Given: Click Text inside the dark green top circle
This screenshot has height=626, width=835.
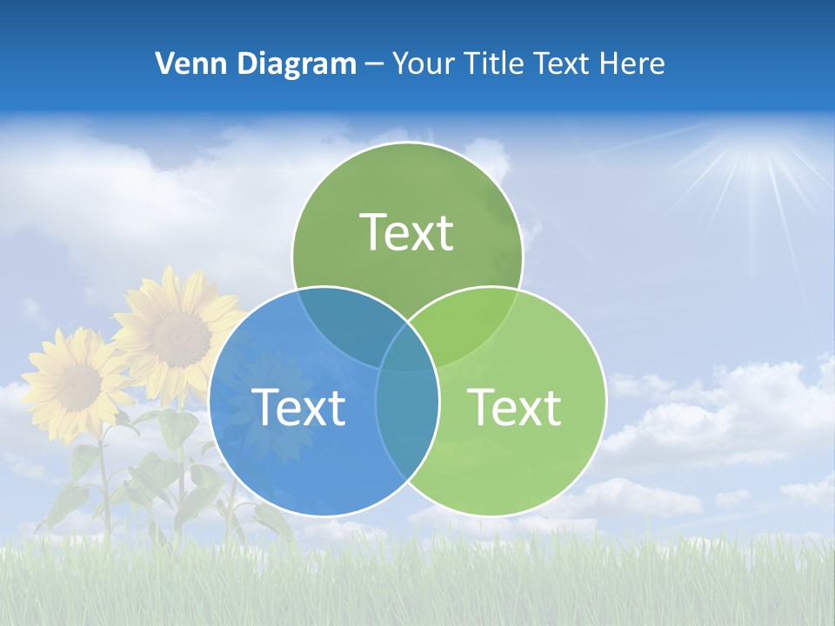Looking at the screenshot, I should (407, 232).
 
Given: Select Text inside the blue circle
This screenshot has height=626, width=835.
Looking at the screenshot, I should (298, 407).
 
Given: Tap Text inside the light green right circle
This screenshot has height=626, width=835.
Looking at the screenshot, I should (515, 407).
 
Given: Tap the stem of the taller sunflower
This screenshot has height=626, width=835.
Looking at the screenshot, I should (181, 469).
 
